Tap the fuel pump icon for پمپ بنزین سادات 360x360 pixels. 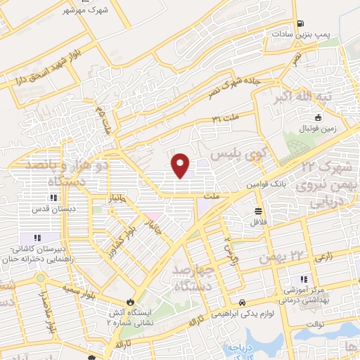pyautogui.click(x=301, y=23)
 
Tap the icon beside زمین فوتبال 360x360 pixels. pyautogui.click(x=319, y=117)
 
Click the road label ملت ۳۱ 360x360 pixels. pyautogui.click(x=225, y=120)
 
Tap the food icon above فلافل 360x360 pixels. pyautogui.click(x=259, y=210)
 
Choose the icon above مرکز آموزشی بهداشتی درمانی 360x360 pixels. pyautogui.click(x=304, y=279)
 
